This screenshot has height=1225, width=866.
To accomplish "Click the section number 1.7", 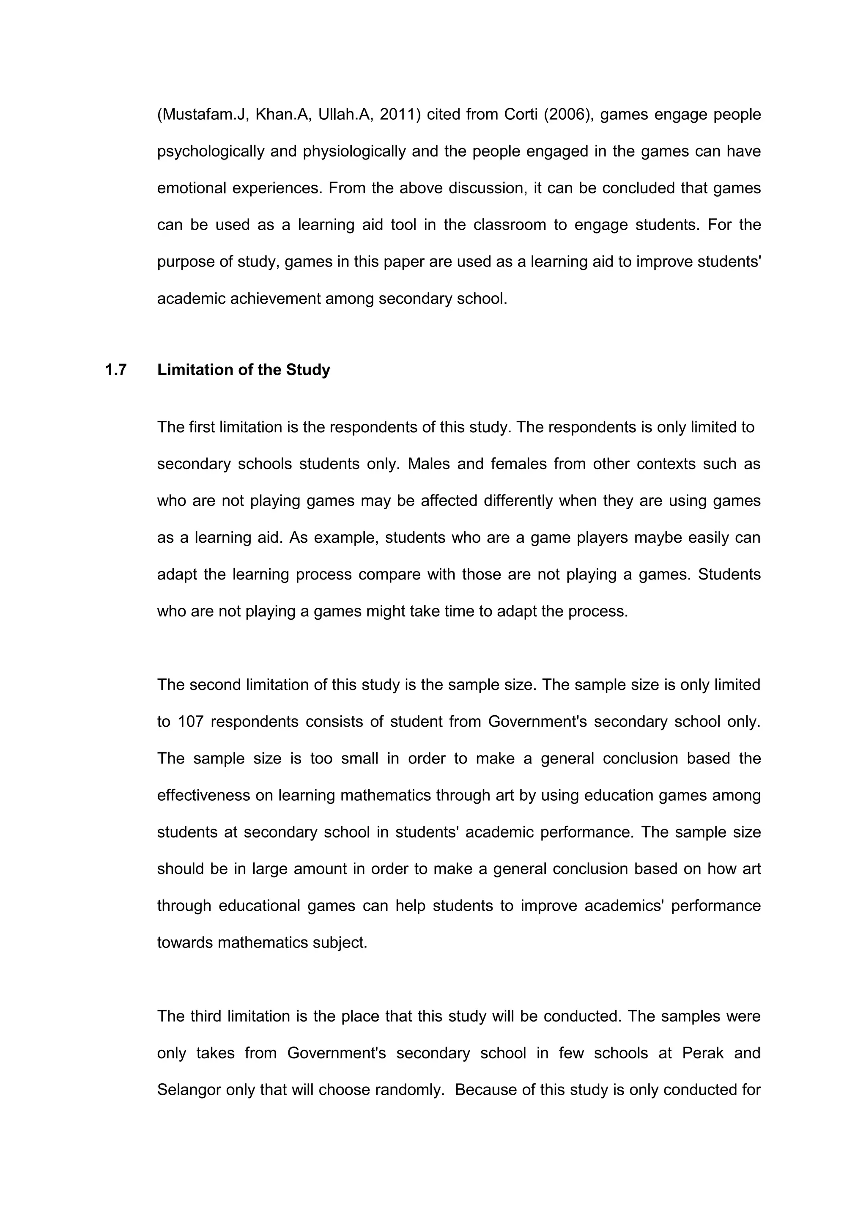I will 116,370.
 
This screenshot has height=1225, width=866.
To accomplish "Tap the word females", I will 518,464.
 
